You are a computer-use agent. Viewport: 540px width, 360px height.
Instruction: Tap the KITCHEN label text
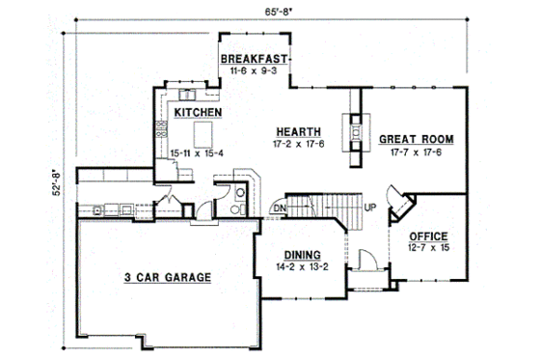(199, 113)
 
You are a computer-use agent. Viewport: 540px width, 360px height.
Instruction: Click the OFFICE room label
(427, 235)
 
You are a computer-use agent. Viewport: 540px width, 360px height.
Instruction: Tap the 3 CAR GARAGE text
(167, 278)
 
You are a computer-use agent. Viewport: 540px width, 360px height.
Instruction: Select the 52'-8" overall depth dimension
(56, 178)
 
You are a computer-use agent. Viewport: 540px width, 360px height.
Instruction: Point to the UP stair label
(369, 207)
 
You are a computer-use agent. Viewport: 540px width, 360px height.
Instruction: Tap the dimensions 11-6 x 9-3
(255, 71)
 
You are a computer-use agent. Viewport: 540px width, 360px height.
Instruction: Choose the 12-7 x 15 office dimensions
(427, 247)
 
